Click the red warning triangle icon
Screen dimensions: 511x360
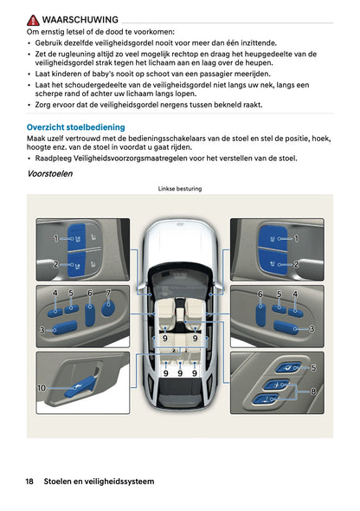pyautogui.click(x=33, y=18)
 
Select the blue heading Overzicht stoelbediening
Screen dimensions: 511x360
pyautogui.click(x=76, y=126)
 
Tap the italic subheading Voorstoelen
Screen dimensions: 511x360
pyautogui.click(x=50, y=174)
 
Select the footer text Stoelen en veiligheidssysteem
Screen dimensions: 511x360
pyautogui.click(x=100, y=481)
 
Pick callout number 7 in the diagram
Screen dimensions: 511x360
pyautogui.click(x=108, y=293)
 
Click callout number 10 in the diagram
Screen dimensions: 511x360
pyautogui.click(x=41, y=388)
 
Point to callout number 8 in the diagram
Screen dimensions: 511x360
pyautogui.click(x=312, y=391)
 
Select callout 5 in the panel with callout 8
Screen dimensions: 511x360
pyautogui.click(x=312, y=367)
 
